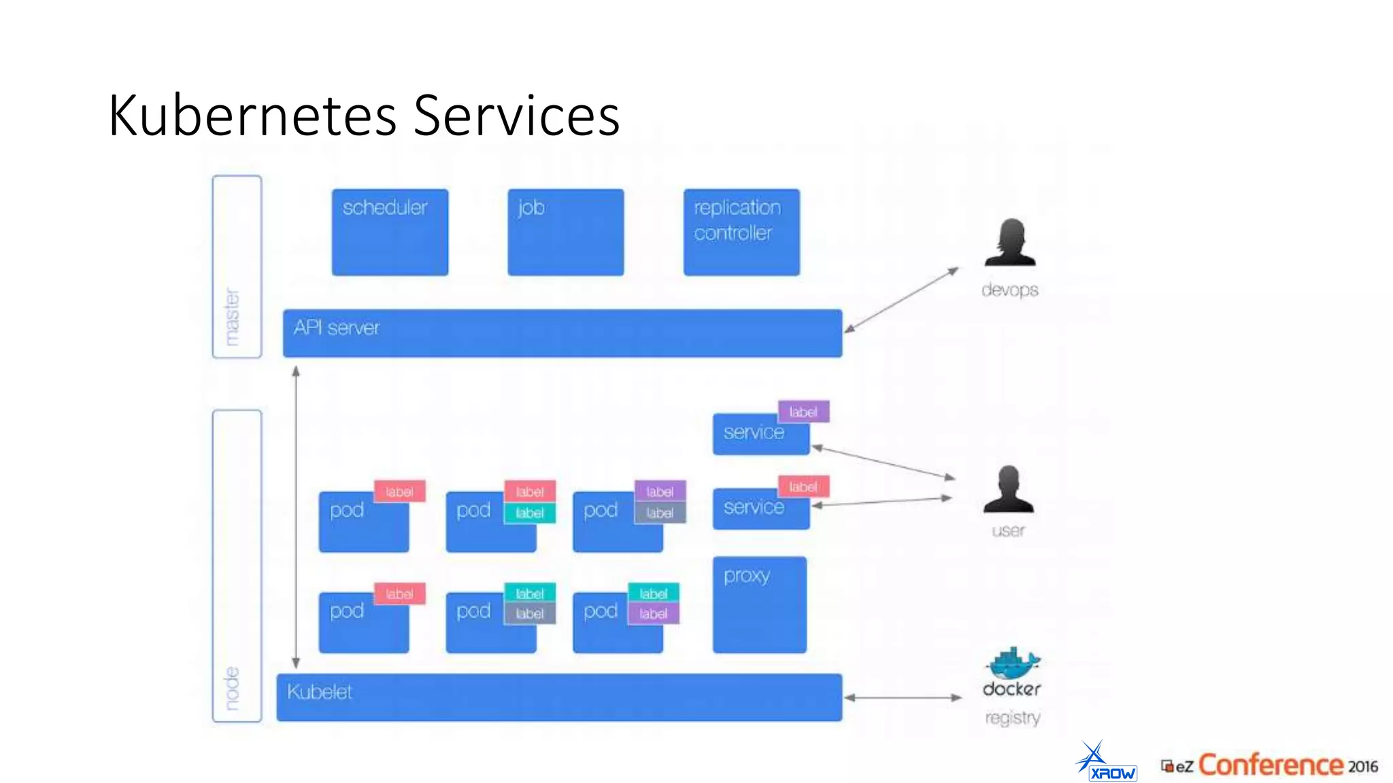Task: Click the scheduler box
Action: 390,232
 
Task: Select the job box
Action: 565,232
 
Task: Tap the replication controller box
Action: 741,232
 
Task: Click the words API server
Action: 336,328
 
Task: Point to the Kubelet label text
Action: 319,692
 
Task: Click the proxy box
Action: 759,605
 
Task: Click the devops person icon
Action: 1010,243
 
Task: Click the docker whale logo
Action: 1013,663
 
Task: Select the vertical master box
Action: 237,266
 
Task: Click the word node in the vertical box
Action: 233,688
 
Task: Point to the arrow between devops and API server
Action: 901,300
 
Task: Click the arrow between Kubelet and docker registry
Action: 903,697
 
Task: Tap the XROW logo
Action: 1107,763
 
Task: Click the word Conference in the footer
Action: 1270,765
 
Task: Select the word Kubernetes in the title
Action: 252,116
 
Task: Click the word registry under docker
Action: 1012,718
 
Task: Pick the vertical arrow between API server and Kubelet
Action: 296,517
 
